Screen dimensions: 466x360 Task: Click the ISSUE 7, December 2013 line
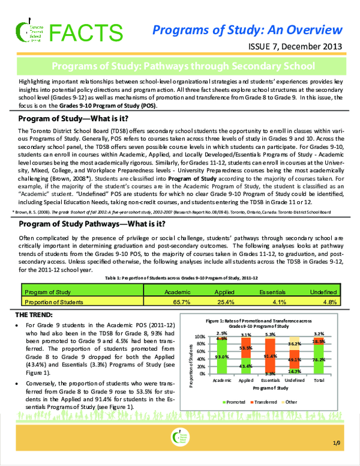tap(296, 46)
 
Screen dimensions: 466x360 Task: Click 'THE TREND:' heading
tap(34, 315)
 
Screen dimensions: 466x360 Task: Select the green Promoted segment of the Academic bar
tap(221, 357)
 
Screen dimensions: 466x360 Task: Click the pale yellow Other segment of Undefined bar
tap(294, 343)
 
